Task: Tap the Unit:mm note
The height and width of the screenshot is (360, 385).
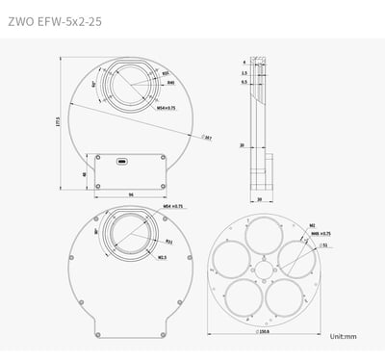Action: coord(344,337)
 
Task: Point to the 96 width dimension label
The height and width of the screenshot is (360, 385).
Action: coord(130,195)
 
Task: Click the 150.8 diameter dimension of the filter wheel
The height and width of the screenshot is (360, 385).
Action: coord(264,334)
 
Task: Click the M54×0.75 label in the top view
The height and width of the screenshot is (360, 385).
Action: coord(166,108)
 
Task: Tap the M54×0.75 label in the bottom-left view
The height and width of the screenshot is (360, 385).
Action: coord(172,206)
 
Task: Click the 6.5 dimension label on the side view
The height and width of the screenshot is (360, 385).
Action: coord(244,82)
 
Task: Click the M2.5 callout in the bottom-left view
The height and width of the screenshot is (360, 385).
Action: coord(162,257)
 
